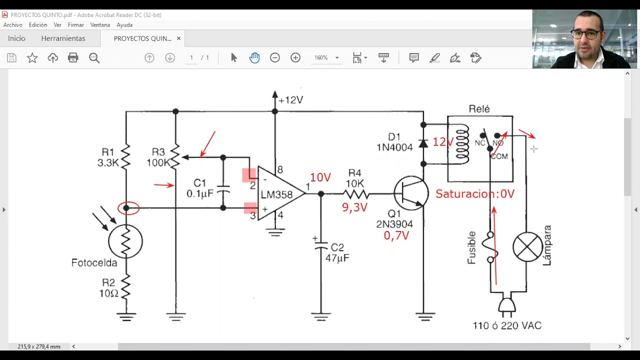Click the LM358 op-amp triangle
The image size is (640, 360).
[x=280, y=193]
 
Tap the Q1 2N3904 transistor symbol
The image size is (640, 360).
[x=411, y=193]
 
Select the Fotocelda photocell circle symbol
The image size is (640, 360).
[x=125, y=241]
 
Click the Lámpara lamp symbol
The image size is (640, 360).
[x=527, y=247]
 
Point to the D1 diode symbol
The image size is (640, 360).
[x=423, y=143]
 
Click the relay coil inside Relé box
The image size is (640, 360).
[x=461, y=144]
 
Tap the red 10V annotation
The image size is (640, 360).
[x=320, y=177]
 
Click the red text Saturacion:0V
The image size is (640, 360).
[x=475, y=194]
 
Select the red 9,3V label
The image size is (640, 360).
[x=354, y=207]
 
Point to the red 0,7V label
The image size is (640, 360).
[x=396, y=235]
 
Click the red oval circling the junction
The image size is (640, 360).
[x=128, y=208]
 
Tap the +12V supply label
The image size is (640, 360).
[x=290, y=100]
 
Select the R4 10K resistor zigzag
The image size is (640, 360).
[x=356, y=194]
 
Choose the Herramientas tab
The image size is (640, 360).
[x=63, y=38]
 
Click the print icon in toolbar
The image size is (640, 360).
[x=73, y=57]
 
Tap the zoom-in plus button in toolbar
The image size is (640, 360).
[x=295, y=57]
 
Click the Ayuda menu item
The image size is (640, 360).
[x=124, y=25]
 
